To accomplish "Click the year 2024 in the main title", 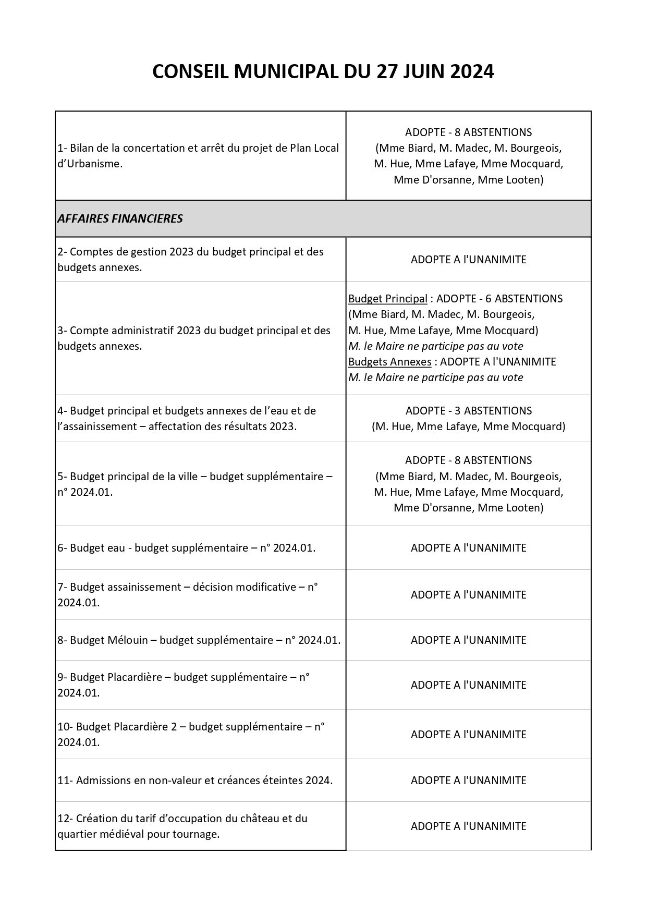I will click(471, 72).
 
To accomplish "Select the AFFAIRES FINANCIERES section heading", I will click(120, 218).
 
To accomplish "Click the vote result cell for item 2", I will click(468, 259).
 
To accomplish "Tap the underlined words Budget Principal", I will click(387, 299).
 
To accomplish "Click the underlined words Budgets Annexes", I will click(389, 361).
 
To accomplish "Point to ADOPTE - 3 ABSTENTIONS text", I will click(468, 410).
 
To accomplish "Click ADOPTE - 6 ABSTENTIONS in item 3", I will click(499, 299).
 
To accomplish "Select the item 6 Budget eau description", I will click(186, 547).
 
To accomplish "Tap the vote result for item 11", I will click(468, 780).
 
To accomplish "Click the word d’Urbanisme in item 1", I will click(90, 163).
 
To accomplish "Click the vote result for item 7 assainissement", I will click(468, 594).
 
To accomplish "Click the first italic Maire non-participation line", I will click(435, 346).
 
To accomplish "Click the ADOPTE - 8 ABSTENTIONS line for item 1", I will click(468, 132).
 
